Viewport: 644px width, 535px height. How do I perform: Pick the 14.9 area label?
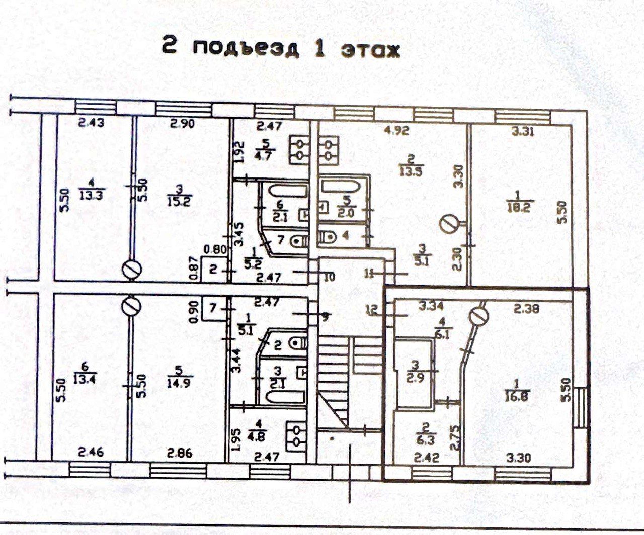[175, 383]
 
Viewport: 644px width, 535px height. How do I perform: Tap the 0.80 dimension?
[211, 248]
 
